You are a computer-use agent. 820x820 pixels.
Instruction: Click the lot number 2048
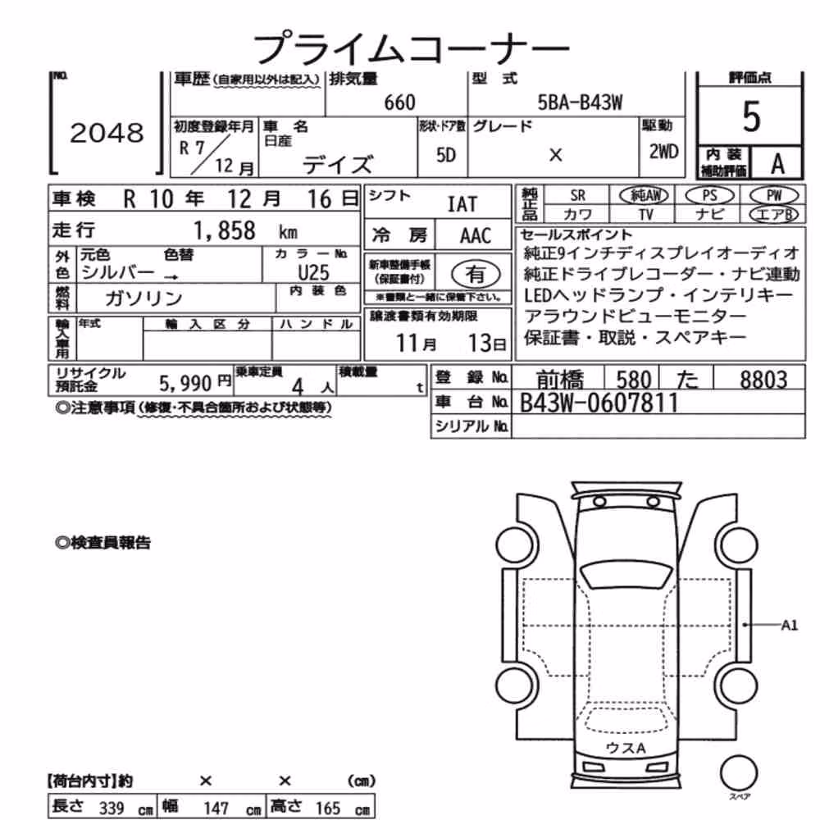107,133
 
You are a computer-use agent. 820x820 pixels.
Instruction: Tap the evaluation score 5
751,116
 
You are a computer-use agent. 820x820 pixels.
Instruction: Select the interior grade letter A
777,164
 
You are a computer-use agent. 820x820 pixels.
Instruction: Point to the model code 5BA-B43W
580,102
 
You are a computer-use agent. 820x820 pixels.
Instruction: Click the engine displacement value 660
399,102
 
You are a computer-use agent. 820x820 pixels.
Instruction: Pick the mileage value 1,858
225,230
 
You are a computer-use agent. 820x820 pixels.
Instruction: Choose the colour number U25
313,272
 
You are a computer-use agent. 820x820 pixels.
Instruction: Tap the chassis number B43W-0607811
599,403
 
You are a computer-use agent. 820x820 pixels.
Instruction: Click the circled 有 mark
476,274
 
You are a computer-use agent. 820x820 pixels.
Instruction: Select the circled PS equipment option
709,196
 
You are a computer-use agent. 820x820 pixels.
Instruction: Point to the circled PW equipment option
773,196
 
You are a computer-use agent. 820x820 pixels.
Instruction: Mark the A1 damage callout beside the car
789,625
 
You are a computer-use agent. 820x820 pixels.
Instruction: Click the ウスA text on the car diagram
626,748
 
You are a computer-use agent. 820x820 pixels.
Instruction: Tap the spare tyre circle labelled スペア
739,773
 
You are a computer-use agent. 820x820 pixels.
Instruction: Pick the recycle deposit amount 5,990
185,384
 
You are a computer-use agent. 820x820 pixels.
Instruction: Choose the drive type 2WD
663,152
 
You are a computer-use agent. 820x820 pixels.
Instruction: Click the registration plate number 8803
763,380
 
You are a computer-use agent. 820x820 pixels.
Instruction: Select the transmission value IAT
462,204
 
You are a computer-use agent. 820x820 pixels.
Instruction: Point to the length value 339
112,808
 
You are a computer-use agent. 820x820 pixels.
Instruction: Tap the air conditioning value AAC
476,236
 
